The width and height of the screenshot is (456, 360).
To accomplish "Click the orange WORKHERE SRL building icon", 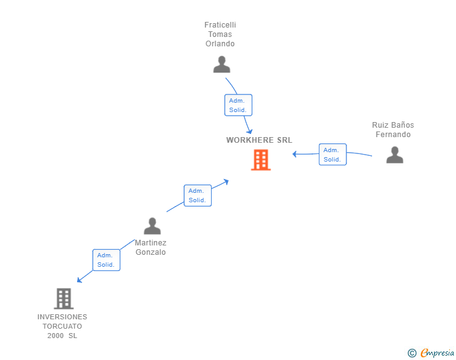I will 261,160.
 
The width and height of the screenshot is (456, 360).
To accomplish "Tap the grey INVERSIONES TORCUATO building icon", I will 63,299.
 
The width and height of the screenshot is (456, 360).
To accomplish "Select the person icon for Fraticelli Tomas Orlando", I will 221,64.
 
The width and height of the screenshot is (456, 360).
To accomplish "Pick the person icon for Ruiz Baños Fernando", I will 395,155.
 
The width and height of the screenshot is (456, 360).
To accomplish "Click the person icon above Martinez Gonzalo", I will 152,226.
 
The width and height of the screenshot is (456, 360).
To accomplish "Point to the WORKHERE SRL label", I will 259,140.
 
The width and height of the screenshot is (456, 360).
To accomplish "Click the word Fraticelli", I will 220,25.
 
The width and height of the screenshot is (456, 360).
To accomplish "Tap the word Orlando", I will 220,44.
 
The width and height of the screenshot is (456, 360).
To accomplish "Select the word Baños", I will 402,125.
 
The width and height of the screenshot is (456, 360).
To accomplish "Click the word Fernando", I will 393,135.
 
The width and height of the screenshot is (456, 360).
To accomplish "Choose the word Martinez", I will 151,243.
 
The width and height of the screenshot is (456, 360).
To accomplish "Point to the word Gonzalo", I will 151,252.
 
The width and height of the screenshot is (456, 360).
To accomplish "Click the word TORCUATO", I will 62,326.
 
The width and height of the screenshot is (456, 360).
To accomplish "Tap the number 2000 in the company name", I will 56,336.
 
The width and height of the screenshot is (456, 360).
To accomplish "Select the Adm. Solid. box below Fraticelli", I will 238,105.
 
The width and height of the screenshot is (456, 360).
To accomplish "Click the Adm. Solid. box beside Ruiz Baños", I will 332,155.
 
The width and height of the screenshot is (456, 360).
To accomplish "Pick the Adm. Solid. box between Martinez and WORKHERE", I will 197,195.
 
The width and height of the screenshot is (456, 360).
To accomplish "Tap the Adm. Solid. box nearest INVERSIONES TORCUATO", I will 106,260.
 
